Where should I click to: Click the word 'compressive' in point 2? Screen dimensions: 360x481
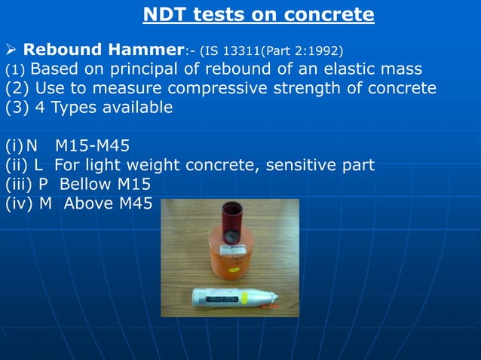(209, 88)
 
